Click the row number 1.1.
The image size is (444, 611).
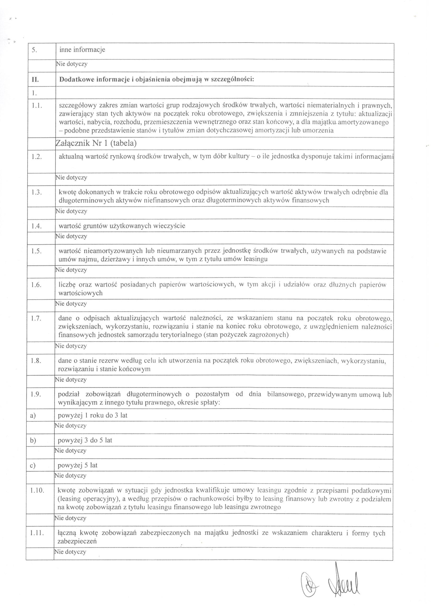36,106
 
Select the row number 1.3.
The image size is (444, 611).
36,193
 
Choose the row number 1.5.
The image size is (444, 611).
36,251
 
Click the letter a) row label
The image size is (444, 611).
33,416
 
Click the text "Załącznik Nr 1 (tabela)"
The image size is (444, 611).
96,143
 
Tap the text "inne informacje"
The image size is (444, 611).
82,50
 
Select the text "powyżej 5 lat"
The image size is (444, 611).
78,465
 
